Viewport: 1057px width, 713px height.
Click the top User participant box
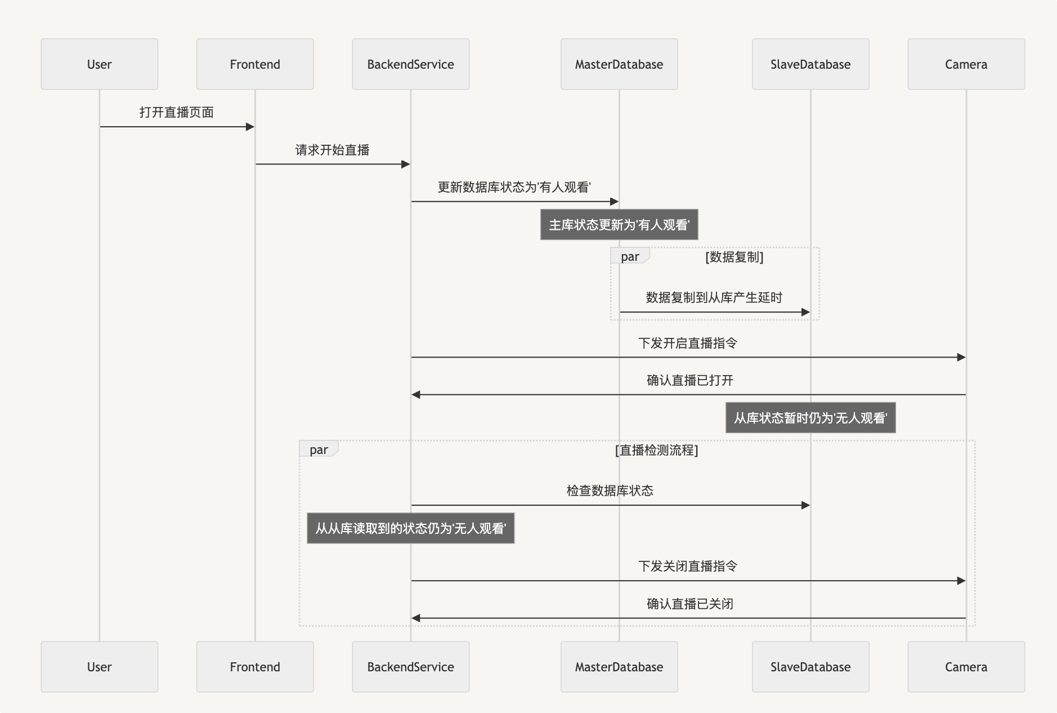(100, 64)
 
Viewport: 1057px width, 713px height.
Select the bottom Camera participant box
(966, 667)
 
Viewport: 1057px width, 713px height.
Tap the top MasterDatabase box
(619, 64)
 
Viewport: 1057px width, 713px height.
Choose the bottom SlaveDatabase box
(810, 667)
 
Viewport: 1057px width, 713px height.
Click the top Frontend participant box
(255, 64)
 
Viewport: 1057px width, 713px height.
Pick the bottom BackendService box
(411, 667)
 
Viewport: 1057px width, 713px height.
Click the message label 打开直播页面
(177, 112)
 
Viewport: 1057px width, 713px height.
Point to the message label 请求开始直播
(333, 150)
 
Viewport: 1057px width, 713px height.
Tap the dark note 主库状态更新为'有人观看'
(619, 225)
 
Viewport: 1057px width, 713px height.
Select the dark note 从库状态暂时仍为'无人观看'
(810, 418)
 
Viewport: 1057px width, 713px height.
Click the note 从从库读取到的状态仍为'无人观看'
(411, 528)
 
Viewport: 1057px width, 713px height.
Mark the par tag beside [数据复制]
(630, 256)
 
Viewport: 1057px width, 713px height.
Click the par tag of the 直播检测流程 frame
(319, 449)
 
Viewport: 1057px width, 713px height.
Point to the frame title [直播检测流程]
(657, 450)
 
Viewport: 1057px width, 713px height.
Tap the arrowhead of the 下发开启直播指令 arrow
(961, 357)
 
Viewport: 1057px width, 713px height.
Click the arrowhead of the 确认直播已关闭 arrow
(416, 618)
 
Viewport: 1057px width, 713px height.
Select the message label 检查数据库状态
(610, 491)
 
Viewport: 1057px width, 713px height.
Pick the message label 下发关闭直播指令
(688, 566)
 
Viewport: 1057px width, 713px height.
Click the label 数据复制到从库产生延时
(714, 297)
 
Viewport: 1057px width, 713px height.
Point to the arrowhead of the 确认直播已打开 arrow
(416, 395)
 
